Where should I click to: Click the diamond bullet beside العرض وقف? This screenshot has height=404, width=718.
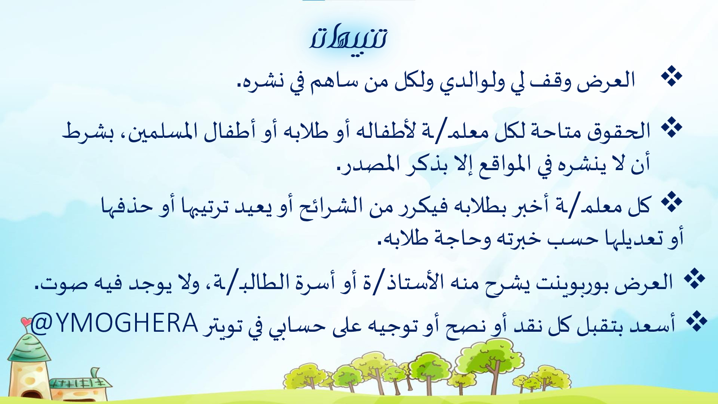click(672, 77)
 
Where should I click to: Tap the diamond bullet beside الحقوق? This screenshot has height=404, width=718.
click(671, 127)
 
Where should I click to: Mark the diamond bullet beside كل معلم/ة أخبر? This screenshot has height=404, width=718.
click(671, 202)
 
